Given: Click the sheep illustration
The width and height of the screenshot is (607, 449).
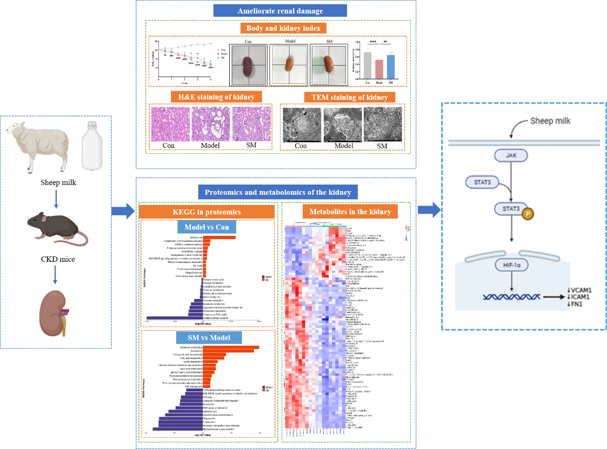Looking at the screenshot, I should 38,146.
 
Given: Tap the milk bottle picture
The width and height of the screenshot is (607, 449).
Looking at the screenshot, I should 92,146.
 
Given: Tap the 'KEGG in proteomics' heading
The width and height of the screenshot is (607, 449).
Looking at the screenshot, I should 207,212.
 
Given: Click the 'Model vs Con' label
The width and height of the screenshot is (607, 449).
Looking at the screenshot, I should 206,228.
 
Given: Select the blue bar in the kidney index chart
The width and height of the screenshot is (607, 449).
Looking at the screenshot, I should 391,66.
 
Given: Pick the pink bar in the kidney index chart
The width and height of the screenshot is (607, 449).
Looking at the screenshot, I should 379,69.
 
